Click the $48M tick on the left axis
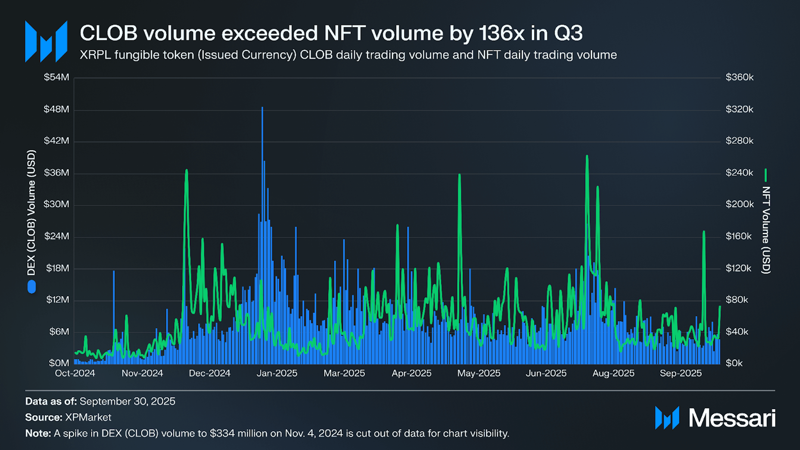coord(56,109)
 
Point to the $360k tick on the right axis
coord(739,77)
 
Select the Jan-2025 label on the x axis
coord(277,373)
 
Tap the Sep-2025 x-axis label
coord(680,373)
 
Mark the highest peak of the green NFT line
coord(587,156)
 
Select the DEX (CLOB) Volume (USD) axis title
coord(31,213)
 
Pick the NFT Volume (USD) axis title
coord(766,230)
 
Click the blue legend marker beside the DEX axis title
coord(32,287)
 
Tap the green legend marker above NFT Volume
coord(766,175)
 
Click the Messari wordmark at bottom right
coord(732,418)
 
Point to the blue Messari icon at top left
coord(46,41)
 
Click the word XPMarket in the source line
coord(88,417)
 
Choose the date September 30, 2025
coord(127,401)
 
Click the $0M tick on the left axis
coord(59,363)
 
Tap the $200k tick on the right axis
coord(739,204)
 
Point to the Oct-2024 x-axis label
coord(75,373)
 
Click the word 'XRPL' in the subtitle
coord(95,55)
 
